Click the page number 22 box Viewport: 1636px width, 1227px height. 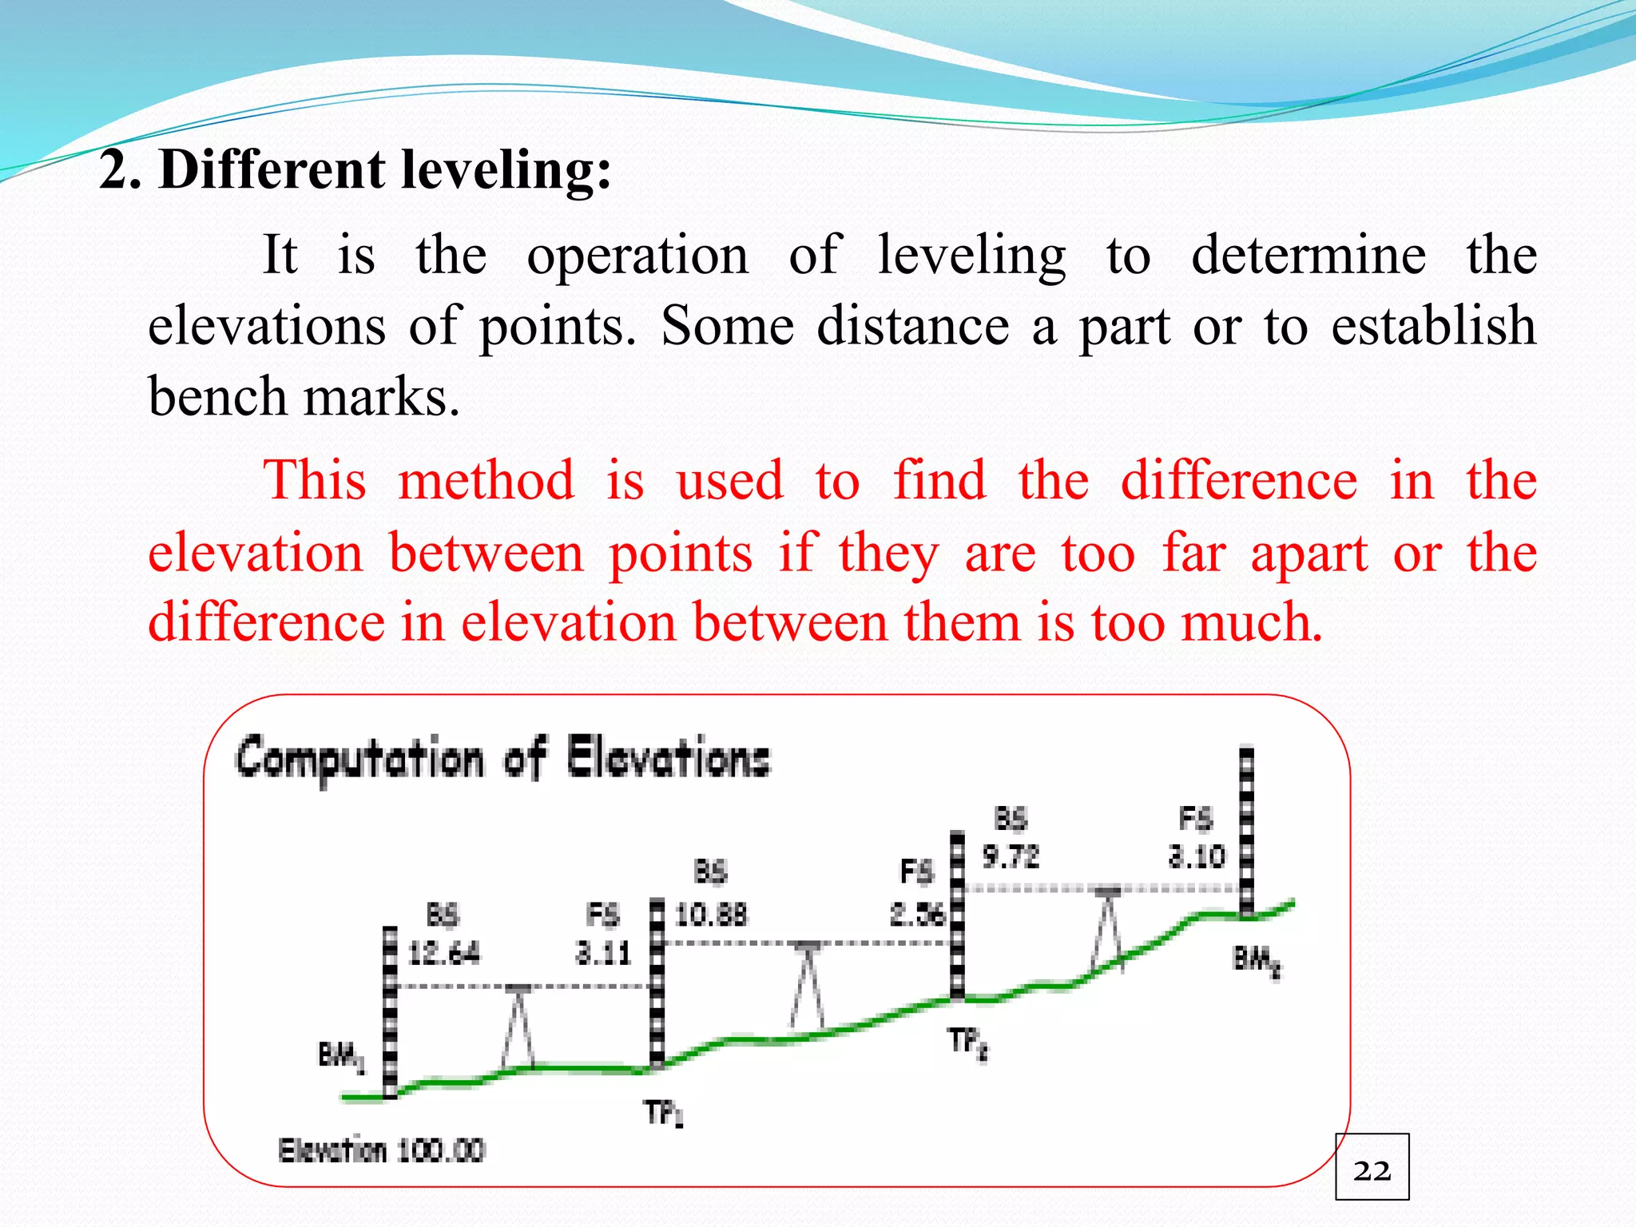coord(1372,1167)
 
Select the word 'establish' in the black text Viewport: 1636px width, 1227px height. coord(1433,326)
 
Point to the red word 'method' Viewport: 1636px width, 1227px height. coord(486,481)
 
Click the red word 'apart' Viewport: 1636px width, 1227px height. coord(1309,553)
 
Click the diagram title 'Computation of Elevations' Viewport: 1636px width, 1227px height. coord(502,758)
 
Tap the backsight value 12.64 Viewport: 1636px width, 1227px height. coord(444,953)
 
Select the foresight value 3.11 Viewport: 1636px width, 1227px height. coord(603,953)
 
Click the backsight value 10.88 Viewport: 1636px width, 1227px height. coord(711,914)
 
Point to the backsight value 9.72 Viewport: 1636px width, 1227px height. coord(1011,857)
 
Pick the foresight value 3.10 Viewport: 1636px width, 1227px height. coord(1196,857)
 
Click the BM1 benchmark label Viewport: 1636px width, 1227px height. coord(341,1057)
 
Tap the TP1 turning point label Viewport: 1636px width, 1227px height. coord(664,1113)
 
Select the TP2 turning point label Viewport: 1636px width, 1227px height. coord(968,1043)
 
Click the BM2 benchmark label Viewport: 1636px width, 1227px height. coord(1257,959)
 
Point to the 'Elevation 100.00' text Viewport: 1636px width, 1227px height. coord(381,1151)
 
